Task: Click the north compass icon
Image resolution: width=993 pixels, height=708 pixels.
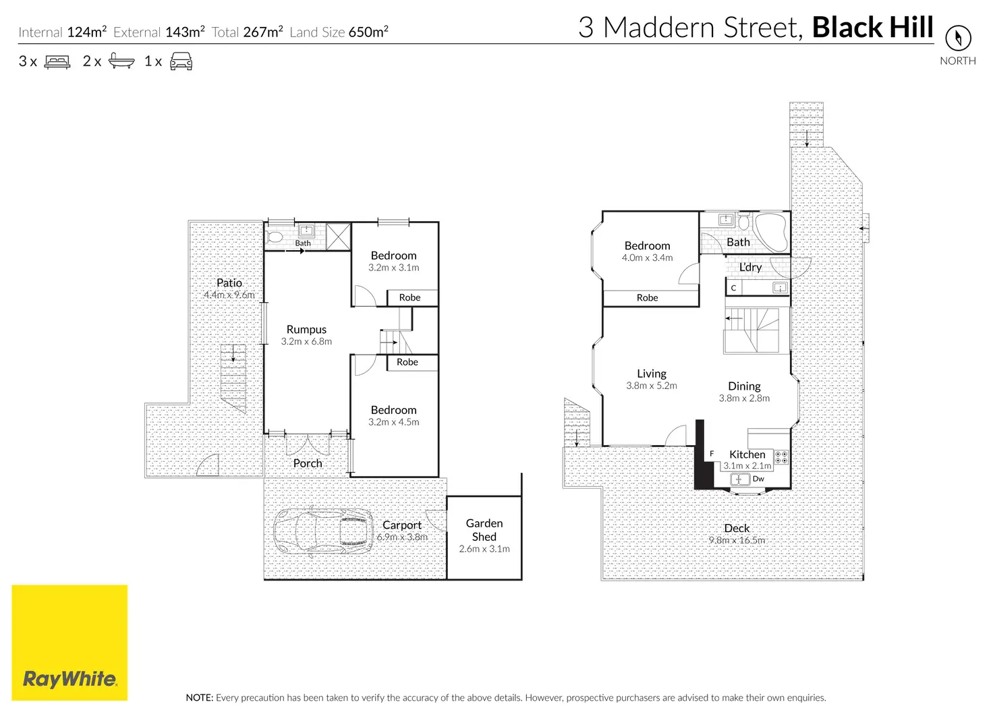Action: tap(958, 38)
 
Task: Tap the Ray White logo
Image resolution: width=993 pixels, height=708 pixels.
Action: tap(69, 678)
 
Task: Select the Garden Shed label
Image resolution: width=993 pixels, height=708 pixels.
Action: tap(484, 530)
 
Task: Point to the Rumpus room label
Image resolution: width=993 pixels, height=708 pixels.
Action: tap(306, 330)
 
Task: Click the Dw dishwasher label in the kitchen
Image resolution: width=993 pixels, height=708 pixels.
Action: tap(758, 479)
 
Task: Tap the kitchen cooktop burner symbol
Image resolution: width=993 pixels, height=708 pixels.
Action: tap(781, 457)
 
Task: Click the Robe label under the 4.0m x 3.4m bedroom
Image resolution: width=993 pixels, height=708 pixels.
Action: tap(647, 297)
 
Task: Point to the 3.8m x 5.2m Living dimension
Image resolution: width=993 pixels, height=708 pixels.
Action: tap(651, 386)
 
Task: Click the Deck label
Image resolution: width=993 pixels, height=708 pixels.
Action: tap(737, 529)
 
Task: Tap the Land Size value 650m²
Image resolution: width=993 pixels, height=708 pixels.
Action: tap(368, 32)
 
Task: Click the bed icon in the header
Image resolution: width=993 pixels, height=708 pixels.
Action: tap(57, 62)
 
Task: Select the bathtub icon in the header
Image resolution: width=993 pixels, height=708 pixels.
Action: tap(121, 61)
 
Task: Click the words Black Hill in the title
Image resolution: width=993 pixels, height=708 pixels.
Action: tap(872, 28)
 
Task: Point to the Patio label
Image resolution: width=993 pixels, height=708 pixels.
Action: tap(229, 283)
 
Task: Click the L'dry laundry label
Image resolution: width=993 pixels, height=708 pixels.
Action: tap(750, 267)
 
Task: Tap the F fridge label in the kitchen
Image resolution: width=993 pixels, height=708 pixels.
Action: tap(712, 454)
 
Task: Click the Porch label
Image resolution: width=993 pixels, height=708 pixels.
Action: tap(308, 463)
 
